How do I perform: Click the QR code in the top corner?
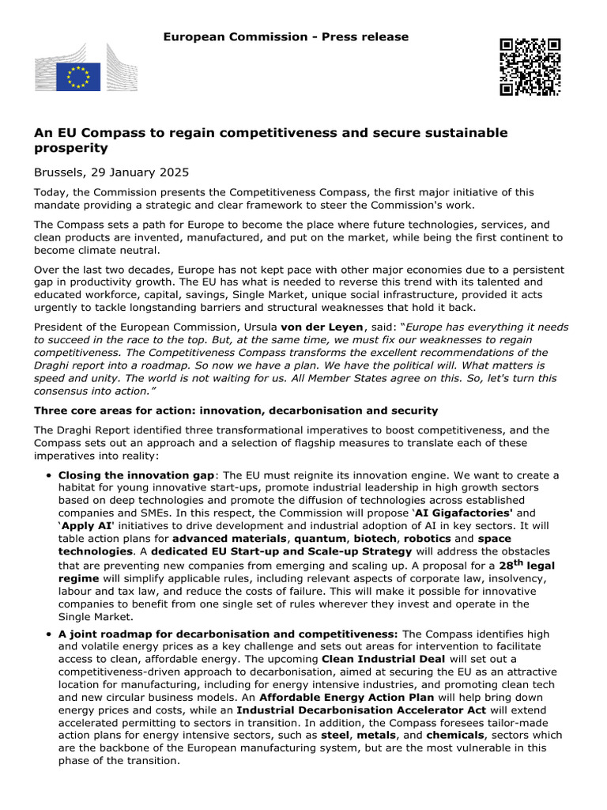pos(530,66)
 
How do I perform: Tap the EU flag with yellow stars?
pos(77,77)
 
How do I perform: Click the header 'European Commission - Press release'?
pos(285,37)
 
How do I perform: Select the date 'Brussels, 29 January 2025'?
pos(111,172)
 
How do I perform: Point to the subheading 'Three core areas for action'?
pos(236,411)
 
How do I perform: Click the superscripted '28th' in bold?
pos(511,566)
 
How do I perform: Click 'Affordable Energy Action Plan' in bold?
pos(346,697)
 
